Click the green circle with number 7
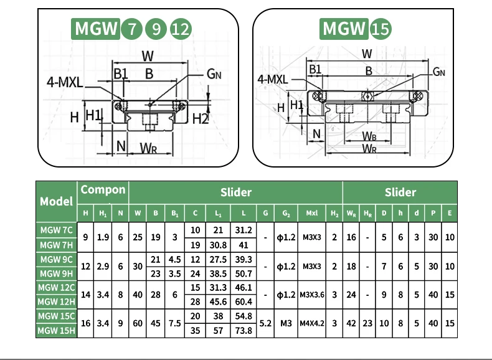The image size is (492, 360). (x=131, y=29)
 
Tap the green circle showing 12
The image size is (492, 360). (x=180, y=29)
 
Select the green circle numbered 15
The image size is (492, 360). (x=381, y=29)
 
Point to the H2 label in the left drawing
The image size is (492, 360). (x=201, y=118)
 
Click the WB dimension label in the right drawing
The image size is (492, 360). (x=369, y=136)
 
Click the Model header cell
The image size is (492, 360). (x=57, y=201)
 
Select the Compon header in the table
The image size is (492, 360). (x=103, y=190)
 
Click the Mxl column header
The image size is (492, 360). (x=312, y=213)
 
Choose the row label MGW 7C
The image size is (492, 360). (x=57, y=230)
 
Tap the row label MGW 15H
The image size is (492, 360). (x=57, y=331)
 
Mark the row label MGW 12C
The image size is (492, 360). (x=57, y=287)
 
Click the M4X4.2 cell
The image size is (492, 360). (x=312, y=323)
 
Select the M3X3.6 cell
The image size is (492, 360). (x=312, y=295)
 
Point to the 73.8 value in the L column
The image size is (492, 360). (x=243, y=331)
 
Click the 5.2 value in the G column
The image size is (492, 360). (x=266, y=323)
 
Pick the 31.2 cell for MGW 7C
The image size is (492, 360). (x=243, y=230)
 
